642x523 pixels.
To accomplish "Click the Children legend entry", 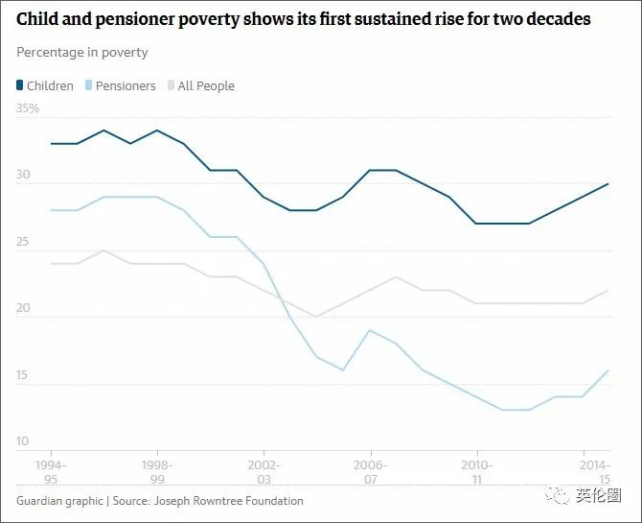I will pos(45,85).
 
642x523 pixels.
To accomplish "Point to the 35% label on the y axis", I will pos(28,109).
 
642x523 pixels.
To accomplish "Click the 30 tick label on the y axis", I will pos(23,176).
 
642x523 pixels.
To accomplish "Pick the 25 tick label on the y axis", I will pos(23,243).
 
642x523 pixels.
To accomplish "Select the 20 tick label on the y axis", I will pos(23,310).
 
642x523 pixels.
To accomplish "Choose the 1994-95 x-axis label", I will pos(51,471).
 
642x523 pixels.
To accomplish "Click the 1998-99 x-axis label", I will pos(157,471).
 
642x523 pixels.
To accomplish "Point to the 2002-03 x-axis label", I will pos(264,471).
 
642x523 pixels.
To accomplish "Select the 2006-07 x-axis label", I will pos(370,471).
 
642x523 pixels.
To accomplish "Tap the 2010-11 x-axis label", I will pos(476,471).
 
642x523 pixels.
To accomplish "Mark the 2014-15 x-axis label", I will pos(596,471).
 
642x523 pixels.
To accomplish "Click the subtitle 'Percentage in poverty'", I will pos(82,52).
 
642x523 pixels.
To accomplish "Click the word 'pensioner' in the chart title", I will pos(136,19).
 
